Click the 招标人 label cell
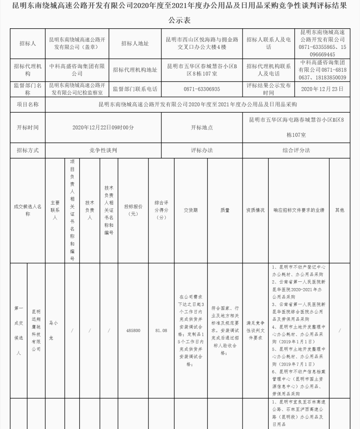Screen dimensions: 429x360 tap(27, 44)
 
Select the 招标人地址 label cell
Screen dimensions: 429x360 tap(135, 44)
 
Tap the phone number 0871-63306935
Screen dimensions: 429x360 tap(202, 89)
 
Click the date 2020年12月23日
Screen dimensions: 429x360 tap(322, 89)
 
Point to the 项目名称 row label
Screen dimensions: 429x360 tap(27, 105)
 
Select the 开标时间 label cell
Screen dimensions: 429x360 tap(27, 127)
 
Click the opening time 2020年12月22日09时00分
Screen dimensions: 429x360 tap(103, 127)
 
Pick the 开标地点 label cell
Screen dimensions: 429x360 tap(202, 127)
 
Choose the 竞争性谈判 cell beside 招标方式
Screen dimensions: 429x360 tap(103, 150)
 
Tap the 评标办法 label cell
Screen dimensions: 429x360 tap(202, 150)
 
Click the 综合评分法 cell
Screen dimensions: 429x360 tap(296, 150)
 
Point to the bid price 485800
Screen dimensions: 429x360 tap(133, 331)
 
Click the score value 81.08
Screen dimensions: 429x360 tap(161, 331)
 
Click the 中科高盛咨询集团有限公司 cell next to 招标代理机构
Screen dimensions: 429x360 tap(77, 70)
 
